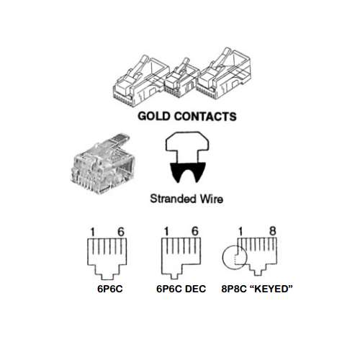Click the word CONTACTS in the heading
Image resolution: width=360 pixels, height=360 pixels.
pyautogui.click(x=205, y=116)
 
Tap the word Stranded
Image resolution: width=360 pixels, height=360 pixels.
pyautogui.click(x=173, y=199)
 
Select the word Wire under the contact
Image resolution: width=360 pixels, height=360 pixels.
pyautogui.click(x=212, y=199)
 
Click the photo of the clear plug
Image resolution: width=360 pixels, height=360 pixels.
pyautogui.click(x=102, y=163)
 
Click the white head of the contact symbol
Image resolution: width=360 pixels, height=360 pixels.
pyautogui.click(x=187, y=146)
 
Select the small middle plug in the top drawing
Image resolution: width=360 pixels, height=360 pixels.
pyautogui.click(x=181, y=78)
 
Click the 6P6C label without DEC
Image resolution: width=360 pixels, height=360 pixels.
pyautogui.click(x=110, y=289)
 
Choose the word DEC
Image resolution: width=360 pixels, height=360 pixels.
pyautogui.click(x=196, y=289)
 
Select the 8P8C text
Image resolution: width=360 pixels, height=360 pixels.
pyautogui.click(x=234, y=289)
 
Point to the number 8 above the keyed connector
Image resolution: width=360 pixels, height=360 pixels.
pyautogui.click(x=273, y=231)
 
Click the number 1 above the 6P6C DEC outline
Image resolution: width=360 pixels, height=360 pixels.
pyautogui.click(x=166, y=232)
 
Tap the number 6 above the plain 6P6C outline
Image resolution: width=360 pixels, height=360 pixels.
pyautogui.click(x=121, y=232)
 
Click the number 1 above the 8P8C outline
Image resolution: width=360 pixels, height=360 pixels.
pyautogui.click(x=240, y=232)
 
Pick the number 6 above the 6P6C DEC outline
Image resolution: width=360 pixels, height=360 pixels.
pyautogui.click(x=195, y=231)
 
